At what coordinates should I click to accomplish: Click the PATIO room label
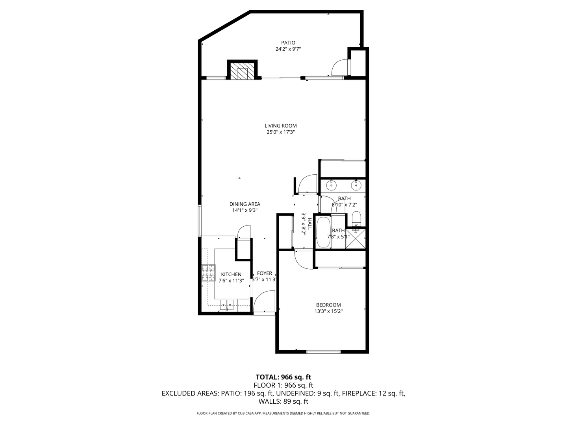(x=288, y=43)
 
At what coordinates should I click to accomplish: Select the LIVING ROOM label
(x=280, y=126)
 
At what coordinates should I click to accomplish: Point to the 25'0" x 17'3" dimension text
(x=280, y=133)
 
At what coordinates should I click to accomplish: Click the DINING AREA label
(x=245, y=204)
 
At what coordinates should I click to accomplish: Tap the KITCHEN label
(x=231, y=274)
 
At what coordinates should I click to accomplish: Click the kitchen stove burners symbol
(x=209, y=273)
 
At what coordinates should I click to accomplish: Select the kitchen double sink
(x=227, y=304)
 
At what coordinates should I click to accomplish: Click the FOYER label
(x=264, y=273)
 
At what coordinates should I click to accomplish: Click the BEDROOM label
(x=328, y=305)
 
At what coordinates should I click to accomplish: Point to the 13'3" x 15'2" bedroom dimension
(x=328, y=311)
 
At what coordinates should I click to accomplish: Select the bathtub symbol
(x=323, y=232)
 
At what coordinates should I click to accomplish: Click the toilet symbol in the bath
(x=356, y=218)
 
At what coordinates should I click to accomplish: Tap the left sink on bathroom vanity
(x=332, y=184)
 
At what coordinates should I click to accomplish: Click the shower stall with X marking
(x=356, y=238)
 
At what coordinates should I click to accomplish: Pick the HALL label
(x=309, y=224)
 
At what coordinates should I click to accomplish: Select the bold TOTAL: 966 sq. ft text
(x=283, y=377)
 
